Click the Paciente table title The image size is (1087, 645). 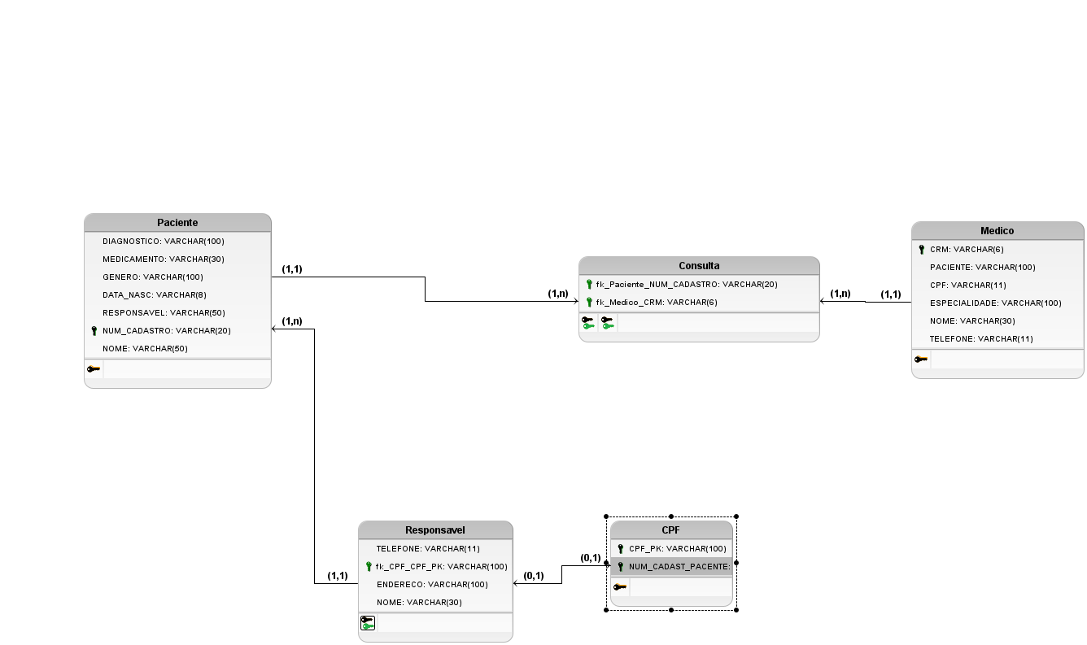[177, 222]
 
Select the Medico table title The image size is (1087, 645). [997, 230]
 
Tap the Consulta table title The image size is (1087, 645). [699, 265]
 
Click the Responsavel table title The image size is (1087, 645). [435, 530]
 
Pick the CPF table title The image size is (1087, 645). [670, 530]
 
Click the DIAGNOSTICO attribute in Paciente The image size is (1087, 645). [163, 242]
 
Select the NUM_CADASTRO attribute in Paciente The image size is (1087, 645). [166, 331]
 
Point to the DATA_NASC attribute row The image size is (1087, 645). [153, 295]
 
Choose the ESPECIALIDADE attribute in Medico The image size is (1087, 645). [995, 303]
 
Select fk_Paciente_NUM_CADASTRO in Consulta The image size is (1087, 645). [686, 285]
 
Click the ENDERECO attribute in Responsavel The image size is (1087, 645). [431, 585]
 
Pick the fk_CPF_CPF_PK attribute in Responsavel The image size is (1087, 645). [441, 567]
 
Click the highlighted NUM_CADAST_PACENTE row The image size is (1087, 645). [679, 567]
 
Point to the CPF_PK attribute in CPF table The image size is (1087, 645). [677, 549]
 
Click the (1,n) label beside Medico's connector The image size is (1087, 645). [840, 294]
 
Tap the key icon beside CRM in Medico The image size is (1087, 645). [921, 250]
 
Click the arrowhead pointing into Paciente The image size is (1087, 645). [275, 329]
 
